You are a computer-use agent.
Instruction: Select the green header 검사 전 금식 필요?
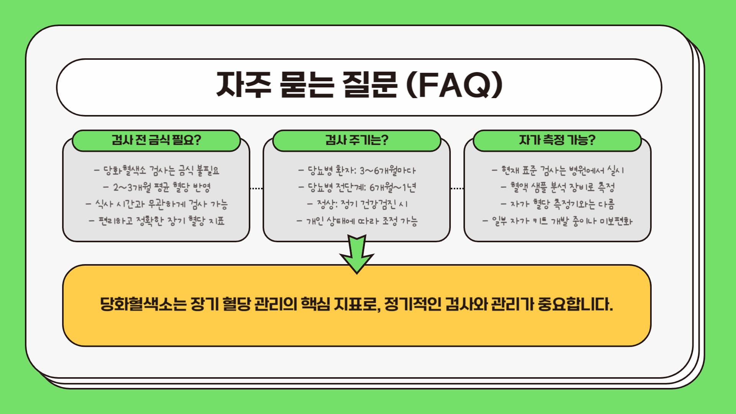(156, 140)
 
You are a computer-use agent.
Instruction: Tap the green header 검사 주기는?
(356, 140)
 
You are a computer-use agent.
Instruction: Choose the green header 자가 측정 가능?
(557, 140)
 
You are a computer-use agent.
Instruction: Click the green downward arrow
(357, 253)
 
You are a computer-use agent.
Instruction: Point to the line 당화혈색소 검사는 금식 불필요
(157, 170)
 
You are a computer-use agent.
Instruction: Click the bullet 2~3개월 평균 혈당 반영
(157, 187)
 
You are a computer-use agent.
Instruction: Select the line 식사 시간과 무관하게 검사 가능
(157, 204)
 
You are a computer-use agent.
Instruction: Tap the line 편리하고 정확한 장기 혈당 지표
(157, 221)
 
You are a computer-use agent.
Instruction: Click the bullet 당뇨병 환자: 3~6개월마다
(357, 170)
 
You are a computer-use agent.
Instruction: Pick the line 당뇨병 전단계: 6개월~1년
(357, 187)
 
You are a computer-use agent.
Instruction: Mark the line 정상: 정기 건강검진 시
(357, 204)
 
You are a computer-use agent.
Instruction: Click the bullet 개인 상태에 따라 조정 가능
(357, 221)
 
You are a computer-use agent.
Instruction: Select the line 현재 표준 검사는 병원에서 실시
(558, 170)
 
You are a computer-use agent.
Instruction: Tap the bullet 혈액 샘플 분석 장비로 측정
(558, 187)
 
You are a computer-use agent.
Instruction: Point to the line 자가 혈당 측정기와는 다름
(558, 204)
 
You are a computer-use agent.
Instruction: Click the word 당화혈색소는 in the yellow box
(143, 304)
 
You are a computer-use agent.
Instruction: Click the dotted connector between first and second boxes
(256, 189)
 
